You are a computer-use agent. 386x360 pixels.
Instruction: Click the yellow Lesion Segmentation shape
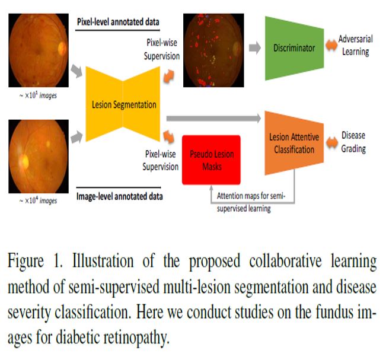pyautogui.click(x=124, y=105)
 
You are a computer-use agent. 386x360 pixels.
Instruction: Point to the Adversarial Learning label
pyautogui.click(x=354, y=46)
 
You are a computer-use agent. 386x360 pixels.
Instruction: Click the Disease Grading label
pyautogui.click(x=354, y=142)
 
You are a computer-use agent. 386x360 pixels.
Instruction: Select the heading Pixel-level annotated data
pyautogui.click(x=119, y=22)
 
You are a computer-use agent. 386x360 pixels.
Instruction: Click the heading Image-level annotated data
pyautogui.click(x=120, y=195)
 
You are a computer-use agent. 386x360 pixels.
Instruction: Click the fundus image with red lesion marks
pyautogui.click(x=213, y=50)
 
